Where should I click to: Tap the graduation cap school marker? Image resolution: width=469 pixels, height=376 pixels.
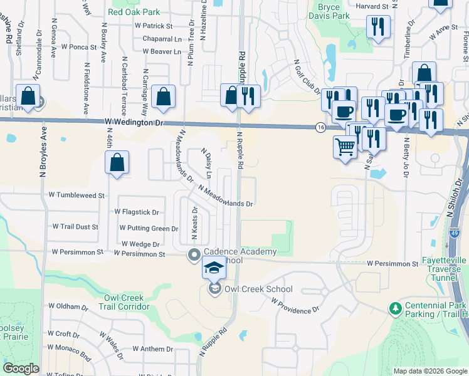tap(213, 268)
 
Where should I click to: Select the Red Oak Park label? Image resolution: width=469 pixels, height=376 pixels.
tap(134, 12)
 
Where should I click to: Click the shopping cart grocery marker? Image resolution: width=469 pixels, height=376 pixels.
tap(345, 148)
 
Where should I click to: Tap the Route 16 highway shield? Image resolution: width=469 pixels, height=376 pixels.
tap(320, 127)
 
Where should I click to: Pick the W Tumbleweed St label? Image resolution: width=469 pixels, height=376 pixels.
tap(76, 196)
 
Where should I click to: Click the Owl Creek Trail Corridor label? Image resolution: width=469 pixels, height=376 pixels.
tap(127, 302)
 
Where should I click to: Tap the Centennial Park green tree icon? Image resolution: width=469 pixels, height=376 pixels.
tap(395, 308)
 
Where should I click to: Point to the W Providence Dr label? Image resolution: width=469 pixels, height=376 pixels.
tap(295, 305)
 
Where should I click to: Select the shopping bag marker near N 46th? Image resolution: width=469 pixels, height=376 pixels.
tap(117, 163)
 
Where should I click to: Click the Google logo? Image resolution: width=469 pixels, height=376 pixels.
tap(21, 368)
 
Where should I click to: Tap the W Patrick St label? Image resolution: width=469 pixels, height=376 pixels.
tap(154, 26)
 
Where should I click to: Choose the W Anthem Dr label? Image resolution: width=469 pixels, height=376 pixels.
tap(152, 348)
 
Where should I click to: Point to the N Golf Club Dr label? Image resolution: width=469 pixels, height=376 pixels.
tap(307, 76)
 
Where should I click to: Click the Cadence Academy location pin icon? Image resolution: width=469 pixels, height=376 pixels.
tap(194, 254)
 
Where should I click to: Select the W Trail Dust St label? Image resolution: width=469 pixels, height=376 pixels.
tap(75, 226)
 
